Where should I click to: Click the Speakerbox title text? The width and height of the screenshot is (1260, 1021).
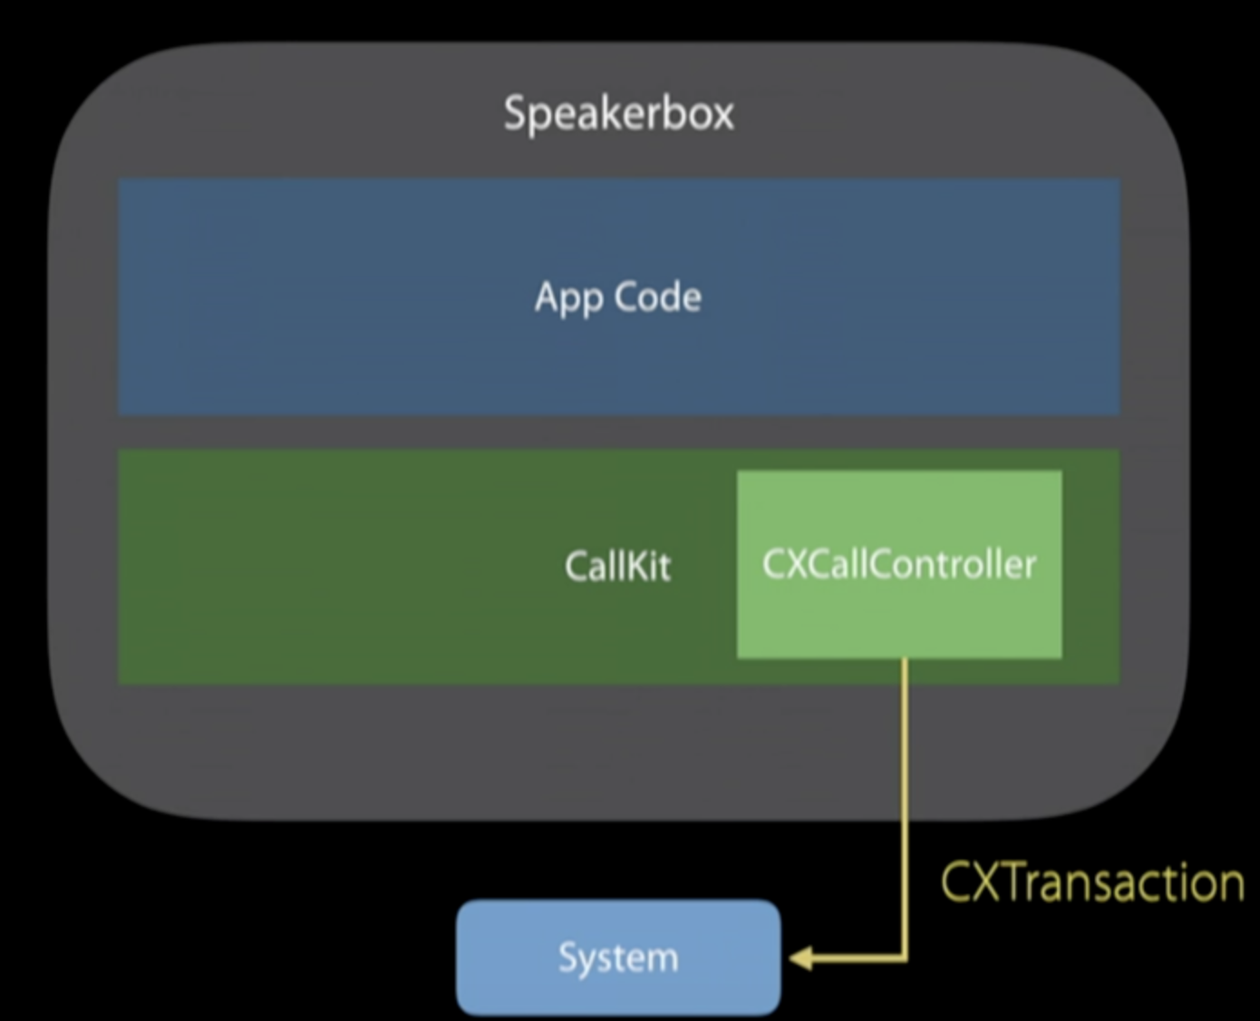pos(618,114)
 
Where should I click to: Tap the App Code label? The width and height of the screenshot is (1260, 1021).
pos(618,297)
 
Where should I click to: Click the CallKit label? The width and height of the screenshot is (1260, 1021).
pos(617,566)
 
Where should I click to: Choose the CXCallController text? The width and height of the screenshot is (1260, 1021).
pos(899,564)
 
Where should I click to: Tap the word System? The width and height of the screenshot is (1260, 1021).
pos(618,958)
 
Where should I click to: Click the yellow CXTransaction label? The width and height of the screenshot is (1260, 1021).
pos(1092,882)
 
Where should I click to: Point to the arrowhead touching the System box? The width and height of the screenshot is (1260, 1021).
pos(800,958)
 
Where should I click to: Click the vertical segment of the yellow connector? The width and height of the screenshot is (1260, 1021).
pos(904,798)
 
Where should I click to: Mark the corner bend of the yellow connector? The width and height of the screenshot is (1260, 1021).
pos(904,957)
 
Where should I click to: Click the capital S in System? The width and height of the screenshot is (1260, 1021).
pos(567,958)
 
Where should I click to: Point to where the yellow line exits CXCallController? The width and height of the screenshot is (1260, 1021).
pos(904,660)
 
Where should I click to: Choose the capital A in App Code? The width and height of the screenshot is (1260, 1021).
pos(547,297)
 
